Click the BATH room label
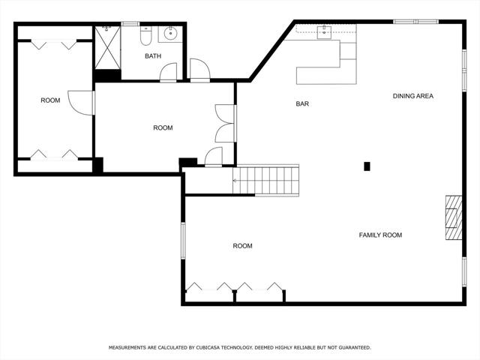153,56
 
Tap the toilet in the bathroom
145,36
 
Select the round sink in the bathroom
170,34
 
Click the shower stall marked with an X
107,48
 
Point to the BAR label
302,103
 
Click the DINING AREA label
413,96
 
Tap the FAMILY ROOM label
380,235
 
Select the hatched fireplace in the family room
453,217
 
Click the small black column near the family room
367,166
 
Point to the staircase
265,180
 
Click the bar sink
324,32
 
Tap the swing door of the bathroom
168,73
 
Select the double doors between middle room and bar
226,123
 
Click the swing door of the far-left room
82,103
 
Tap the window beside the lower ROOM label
183,241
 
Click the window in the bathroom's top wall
130,23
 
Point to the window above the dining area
415,22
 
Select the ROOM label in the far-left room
50,100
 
